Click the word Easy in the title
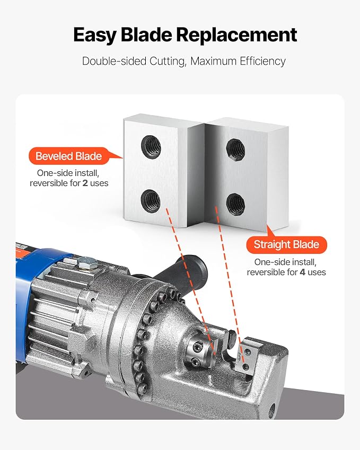coord(95,36)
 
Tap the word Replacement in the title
coord(236,35)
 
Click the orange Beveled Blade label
coord(69,156)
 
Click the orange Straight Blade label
coord(286,244)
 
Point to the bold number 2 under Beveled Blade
coord(85,183)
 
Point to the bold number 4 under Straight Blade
coord(302,272)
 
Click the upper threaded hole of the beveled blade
coord(151,147)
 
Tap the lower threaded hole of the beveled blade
coord(151,201)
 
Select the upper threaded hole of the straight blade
coord(235,149)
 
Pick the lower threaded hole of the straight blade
coord(235,204)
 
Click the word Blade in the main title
coord(146,35)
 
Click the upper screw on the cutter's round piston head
coord(197,348)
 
